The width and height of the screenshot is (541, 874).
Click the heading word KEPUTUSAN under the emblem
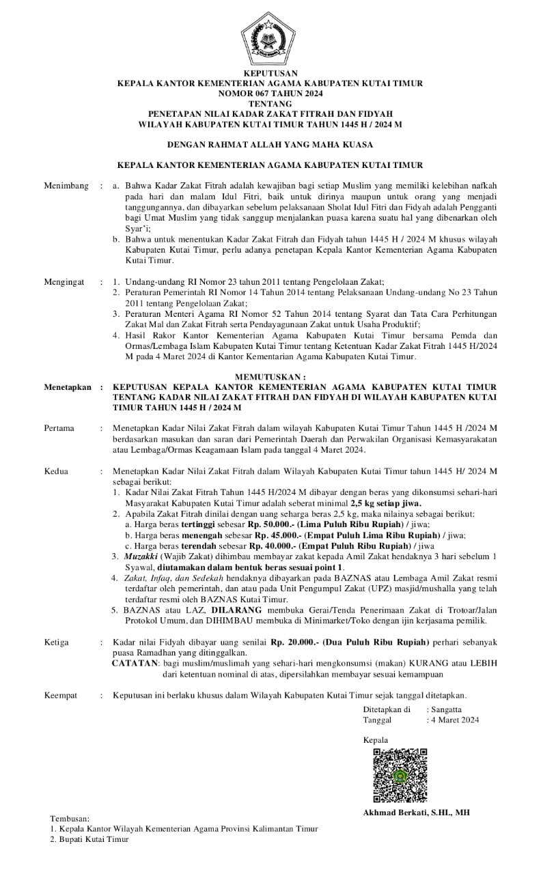(x=270, y=72)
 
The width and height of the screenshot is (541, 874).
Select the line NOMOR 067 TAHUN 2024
(x=270, y=93)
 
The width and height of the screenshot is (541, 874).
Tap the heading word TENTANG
(x=270, y=103)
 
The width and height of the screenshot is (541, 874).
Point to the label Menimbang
(x=66, y=186)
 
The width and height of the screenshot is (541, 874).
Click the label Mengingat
(x=66, y=281)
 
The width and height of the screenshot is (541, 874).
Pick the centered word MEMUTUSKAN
(x=270, y=376)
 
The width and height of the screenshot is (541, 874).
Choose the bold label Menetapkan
(x=68, y=387)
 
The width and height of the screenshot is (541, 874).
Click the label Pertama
(x=59, y=428)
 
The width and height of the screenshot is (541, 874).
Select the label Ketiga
(x=57, y=643)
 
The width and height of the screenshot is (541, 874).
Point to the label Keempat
(x=61, y=695)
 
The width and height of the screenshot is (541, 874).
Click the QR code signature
(x=400, y=775)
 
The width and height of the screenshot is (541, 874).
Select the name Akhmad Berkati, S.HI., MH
(x=416, y=813)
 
